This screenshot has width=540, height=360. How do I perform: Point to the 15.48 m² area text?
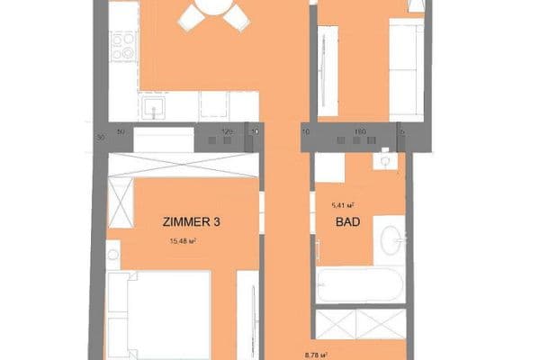pos(182,241)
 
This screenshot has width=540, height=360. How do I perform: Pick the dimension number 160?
pos(360,132)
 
